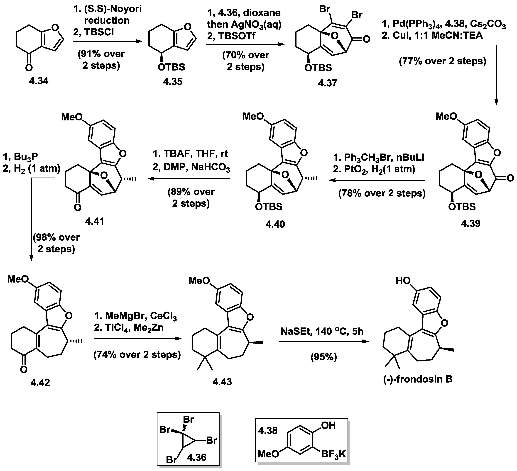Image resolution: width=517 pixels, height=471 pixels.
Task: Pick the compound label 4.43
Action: pos(222,382)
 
